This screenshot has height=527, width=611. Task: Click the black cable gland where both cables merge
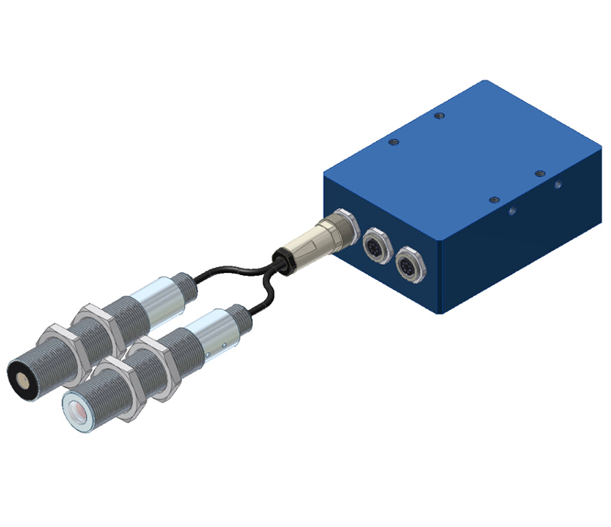coord(280,259)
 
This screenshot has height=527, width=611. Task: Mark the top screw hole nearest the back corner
coord(439,116)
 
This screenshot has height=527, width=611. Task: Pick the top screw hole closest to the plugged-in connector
coord(393,142)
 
